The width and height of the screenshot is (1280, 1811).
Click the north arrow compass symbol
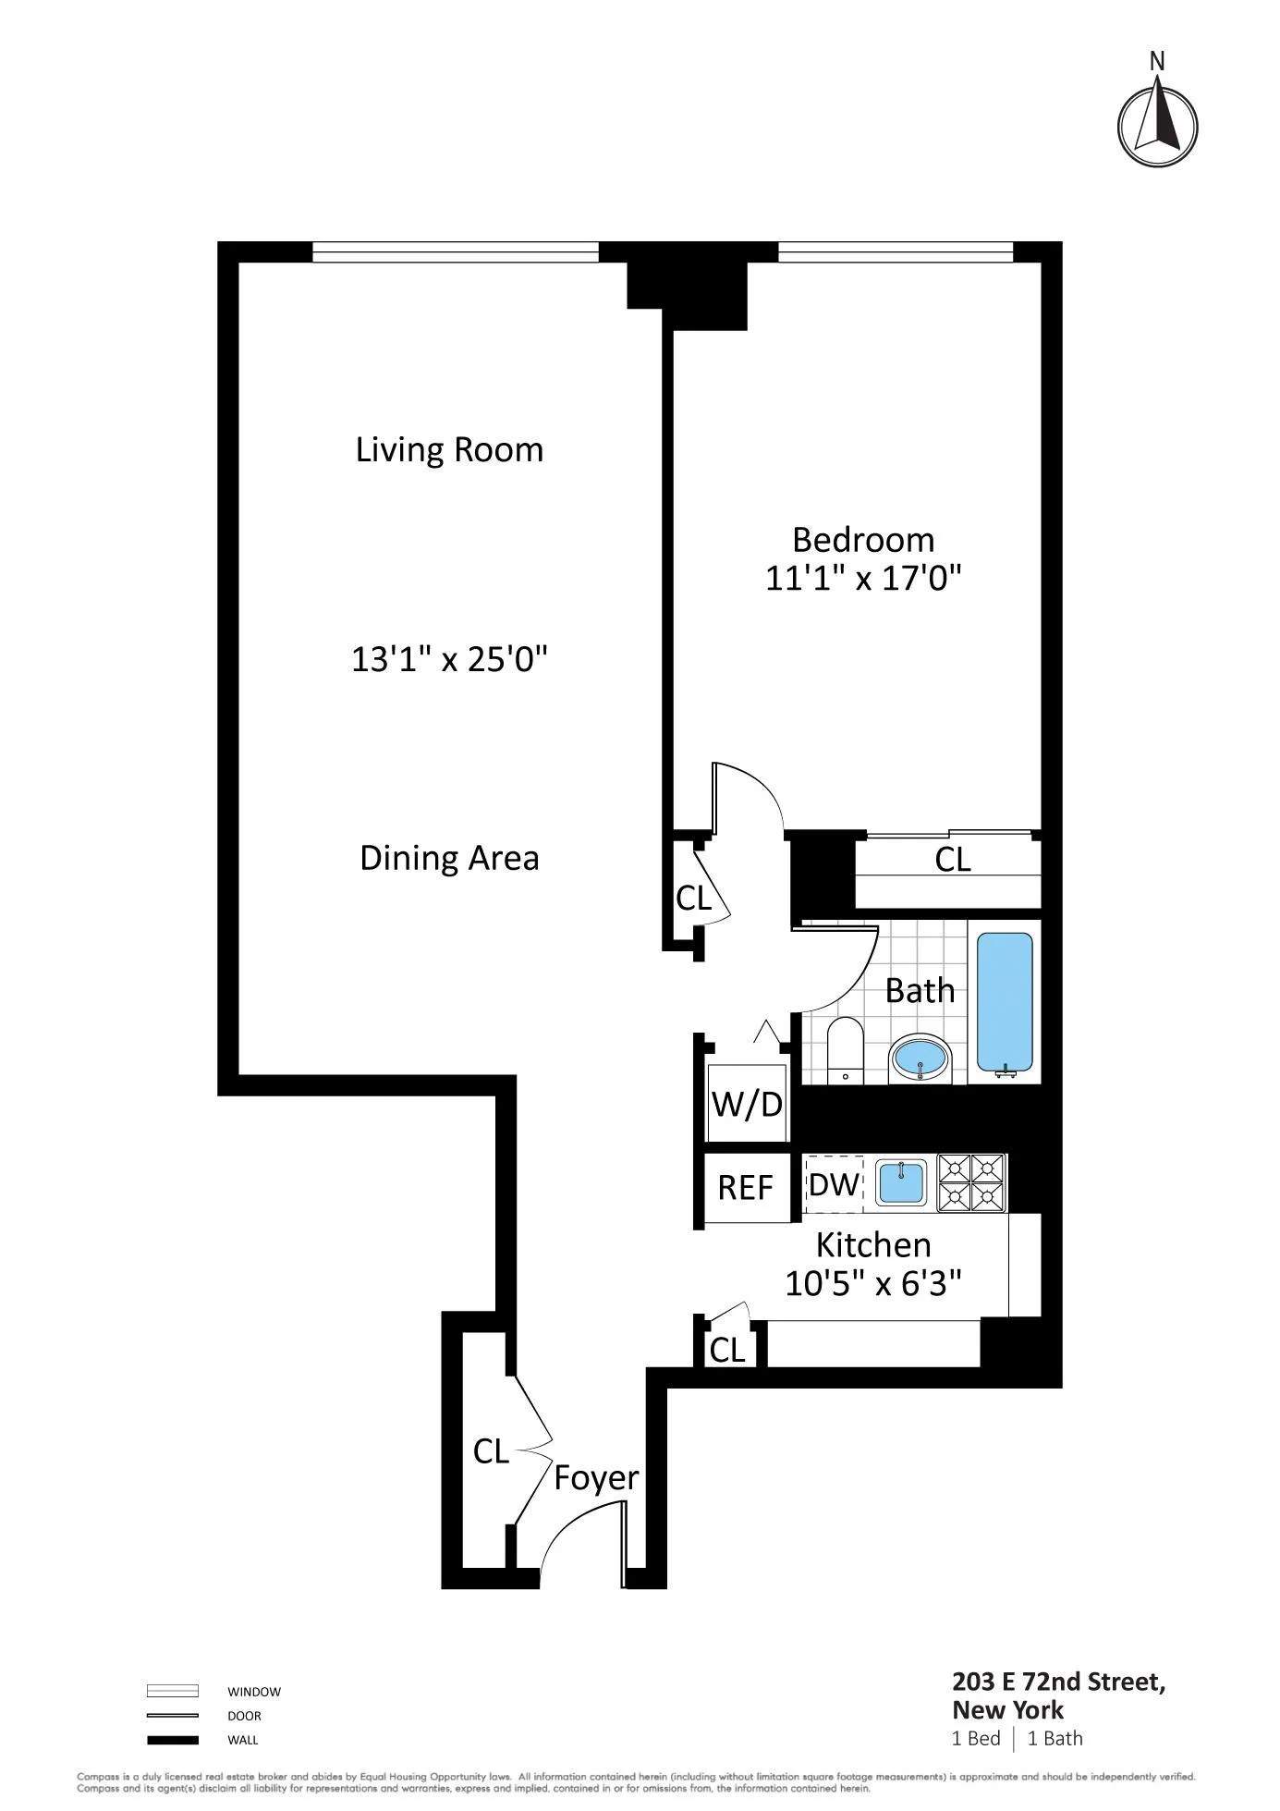tap(1157, 127)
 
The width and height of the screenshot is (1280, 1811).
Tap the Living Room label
tap(449, 450)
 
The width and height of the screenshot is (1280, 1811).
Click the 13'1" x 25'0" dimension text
tap(449, 660)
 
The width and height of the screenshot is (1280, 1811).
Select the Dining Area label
tap(449, 859)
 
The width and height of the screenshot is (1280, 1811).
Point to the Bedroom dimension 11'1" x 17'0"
tap(863, 580)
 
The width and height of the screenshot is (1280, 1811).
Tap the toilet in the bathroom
tap(844, 1049)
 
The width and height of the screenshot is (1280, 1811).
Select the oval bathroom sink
tap(920, 1058)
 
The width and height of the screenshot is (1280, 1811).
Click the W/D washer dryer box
tap(747, 1104)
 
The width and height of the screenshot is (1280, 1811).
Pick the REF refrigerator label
tap(745, 1188)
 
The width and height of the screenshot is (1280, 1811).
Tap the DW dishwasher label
tap(834, 1184)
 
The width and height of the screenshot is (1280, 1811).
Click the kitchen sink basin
tap(901, 1183)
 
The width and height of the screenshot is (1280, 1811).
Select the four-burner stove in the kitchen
tap(971, 1183)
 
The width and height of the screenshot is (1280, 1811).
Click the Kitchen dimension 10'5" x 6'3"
tap(873, 1283)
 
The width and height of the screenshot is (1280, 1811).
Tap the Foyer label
tap(596, 1478)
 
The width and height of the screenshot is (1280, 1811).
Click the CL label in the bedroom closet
tap(953, 860)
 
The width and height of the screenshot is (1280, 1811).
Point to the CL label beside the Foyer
tap(491, 1451)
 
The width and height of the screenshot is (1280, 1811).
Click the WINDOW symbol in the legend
tap(173, 1691)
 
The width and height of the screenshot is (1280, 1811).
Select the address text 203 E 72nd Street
tap(1058, 1682)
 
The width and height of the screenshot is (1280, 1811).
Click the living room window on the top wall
tap(455, 252)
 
